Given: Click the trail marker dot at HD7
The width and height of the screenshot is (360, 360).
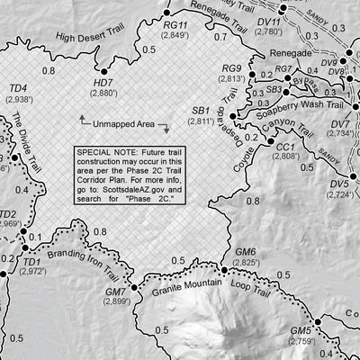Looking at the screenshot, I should coord(105,69).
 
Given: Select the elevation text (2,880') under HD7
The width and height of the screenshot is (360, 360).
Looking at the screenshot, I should coord(104,93).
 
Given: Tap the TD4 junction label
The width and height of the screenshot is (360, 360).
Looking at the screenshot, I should coord(17,87).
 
